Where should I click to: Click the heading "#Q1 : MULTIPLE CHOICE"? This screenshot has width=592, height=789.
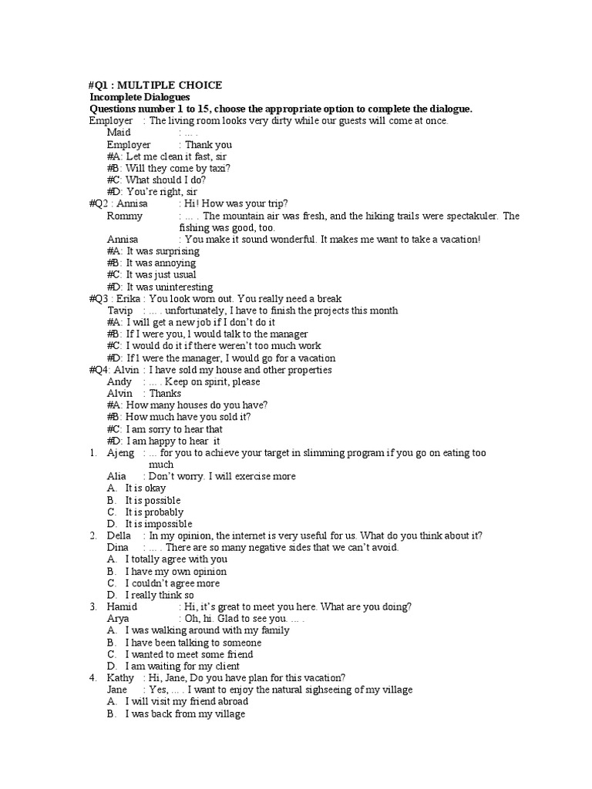pos(156,86)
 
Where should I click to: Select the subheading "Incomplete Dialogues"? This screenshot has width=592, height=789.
pos(140,97)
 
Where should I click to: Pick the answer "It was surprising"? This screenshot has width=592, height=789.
pos(163,251)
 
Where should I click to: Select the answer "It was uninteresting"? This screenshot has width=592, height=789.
pos(170,287)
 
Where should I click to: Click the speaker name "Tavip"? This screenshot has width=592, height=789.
pos(120,311)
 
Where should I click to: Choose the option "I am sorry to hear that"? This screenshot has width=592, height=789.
pos(174,429)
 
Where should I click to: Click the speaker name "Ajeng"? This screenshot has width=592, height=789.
pos(120,453)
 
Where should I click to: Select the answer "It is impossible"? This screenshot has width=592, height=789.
pos(159,524)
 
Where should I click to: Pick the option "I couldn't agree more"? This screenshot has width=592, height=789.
pos(173,583)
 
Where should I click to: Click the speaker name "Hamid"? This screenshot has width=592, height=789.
pos(122,607)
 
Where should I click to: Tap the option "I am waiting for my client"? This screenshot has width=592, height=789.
pos(183,666)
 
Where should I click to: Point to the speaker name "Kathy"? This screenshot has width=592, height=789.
pos(120,678)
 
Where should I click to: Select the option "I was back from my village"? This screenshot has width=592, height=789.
pos(185,713)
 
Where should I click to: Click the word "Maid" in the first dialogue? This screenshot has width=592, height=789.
pos(119,133)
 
